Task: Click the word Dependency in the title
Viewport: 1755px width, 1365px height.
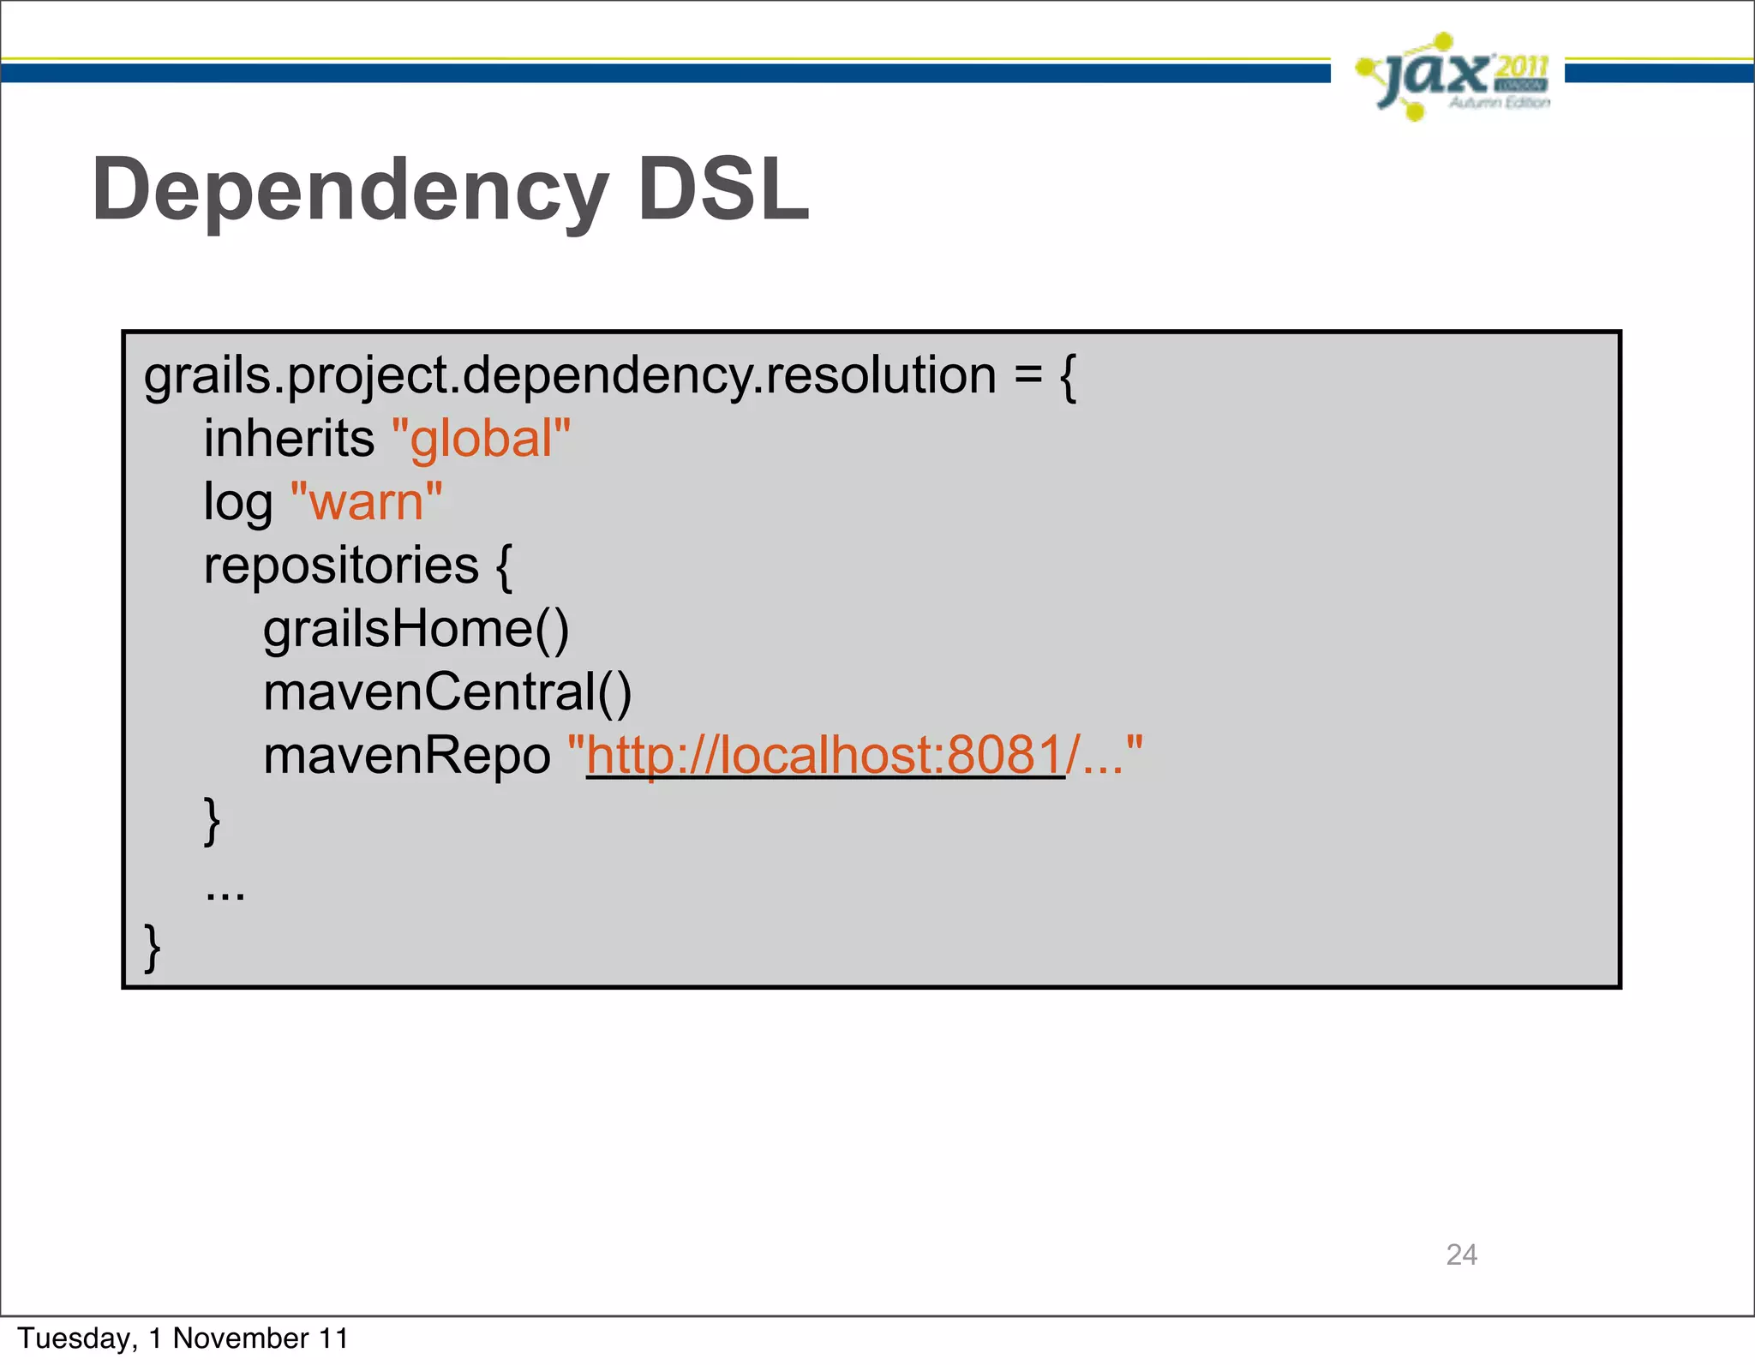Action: [350, 190]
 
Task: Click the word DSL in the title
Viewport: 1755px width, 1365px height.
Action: [723, 190]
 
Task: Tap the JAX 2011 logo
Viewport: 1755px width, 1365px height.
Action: [1452, 77]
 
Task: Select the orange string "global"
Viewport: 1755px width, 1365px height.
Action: [481, 440]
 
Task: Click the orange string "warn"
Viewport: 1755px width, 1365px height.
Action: [367, 502]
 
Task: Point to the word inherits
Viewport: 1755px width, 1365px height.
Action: [289, 440]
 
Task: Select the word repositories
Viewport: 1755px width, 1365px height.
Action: [341, 566]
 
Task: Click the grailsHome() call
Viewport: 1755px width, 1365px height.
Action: [416, 630]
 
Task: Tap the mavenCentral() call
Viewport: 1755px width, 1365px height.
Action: [447, 692]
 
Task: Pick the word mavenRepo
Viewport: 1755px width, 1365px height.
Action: [406, 757]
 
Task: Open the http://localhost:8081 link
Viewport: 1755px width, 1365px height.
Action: [825, 757]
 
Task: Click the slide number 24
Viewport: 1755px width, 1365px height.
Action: [1461, 1255]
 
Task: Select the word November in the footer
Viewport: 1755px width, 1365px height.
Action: [241, 1338]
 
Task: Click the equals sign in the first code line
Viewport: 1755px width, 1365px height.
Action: [1027, 376]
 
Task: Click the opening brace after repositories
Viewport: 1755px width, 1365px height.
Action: [504, 566]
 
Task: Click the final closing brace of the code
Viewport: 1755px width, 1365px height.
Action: [153, 948]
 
